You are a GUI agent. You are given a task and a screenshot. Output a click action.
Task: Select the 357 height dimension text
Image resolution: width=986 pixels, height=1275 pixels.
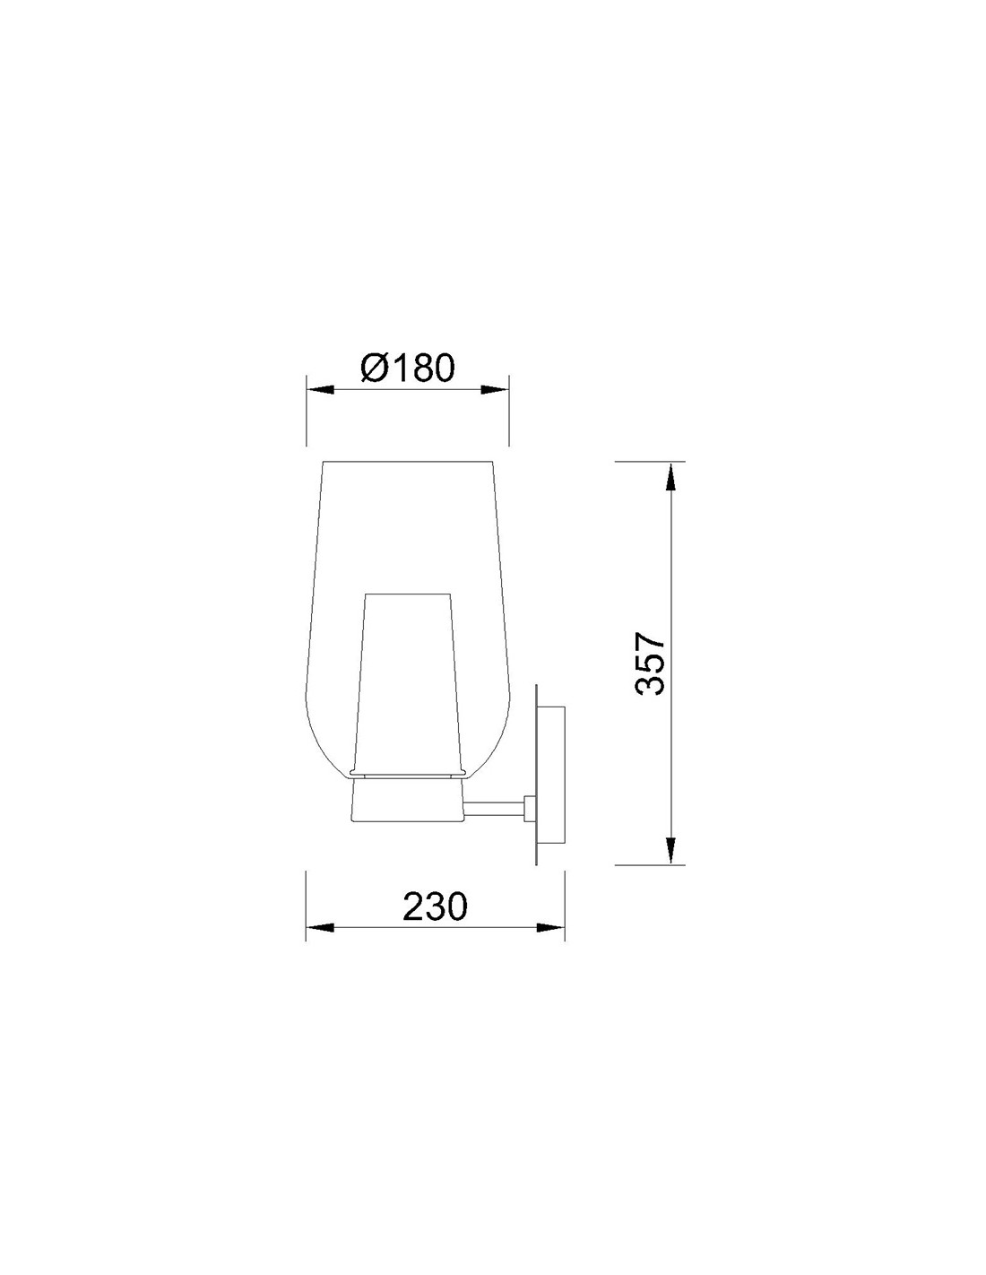(651, 663)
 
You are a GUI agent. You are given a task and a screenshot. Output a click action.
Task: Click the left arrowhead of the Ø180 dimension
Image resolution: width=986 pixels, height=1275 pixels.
(320, 390)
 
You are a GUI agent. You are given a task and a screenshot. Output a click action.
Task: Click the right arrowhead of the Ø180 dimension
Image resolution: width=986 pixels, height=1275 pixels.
(495, 390)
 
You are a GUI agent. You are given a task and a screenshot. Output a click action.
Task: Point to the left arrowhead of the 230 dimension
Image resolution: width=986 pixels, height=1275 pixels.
(320, 944)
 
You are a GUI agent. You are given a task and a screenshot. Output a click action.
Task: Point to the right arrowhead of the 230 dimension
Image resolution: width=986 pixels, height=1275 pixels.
(550, 944)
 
